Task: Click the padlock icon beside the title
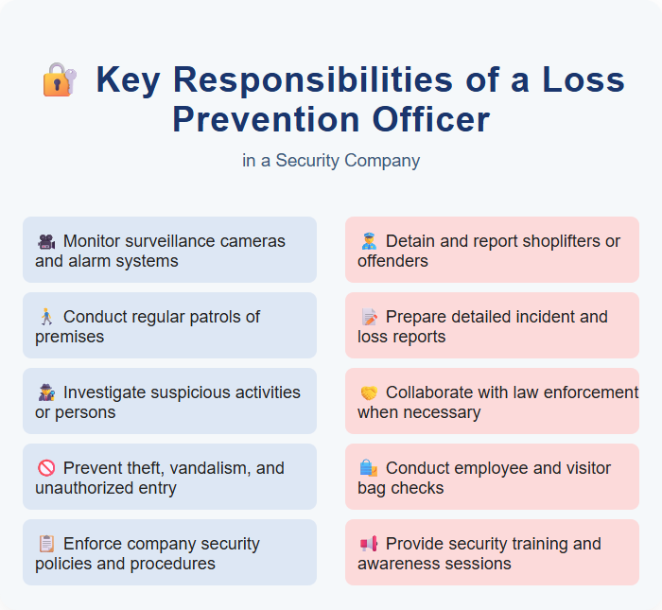point(59,79)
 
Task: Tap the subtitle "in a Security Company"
point(331,161)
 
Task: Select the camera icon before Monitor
point(45,241)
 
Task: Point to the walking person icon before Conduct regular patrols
point(45,317)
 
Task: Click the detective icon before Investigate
point(45,392)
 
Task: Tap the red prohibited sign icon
point(45,468)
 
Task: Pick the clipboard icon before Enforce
point(45,544)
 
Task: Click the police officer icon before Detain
point(368,241)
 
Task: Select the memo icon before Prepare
point(368,317)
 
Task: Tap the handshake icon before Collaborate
point(368,392)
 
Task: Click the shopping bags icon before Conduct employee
point(368,468)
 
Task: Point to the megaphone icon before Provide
point(368,544)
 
